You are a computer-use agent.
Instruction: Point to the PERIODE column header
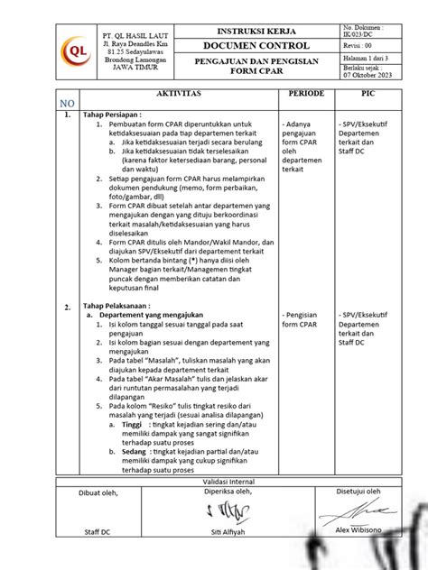tap(305, 94)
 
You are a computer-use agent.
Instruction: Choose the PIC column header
tap(368, 94)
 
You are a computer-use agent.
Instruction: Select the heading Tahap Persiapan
tap(121, 115)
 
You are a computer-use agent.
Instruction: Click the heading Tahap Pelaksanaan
tap(125, 307)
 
